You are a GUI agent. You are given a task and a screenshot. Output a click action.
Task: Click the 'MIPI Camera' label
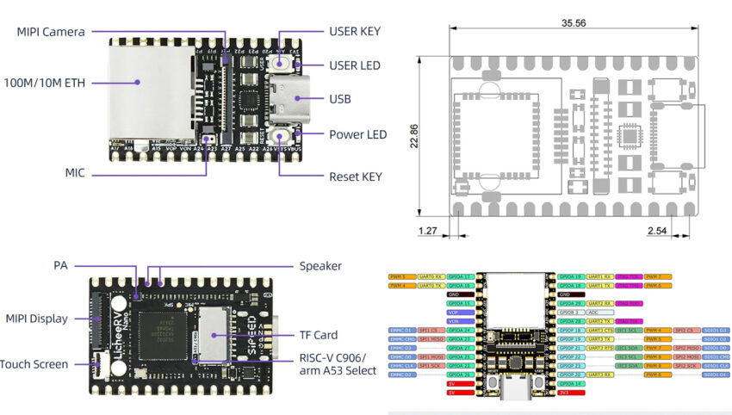pos(51,32)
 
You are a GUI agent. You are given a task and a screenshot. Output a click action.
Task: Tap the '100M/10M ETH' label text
pos(44,83)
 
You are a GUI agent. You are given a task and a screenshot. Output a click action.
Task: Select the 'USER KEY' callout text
pos(356,31)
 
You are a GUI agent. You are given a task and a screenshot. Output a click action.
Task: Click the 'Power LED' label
pos(357,134)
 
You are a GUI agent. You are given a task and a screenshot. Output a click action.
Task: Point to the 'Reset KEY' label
pos(355,177)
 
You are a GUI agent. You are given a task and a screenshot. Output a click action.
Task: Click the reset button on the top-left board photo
pos(281,137)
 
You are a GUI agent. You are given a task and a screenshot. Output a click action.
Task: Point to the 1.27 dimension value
pos(426,231)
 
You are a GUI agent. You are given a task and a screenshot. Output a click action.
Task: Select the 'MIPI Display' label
pos(36,319)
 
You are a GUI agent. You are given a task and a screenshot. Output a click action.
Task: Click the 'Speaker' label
pos(320,266)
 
